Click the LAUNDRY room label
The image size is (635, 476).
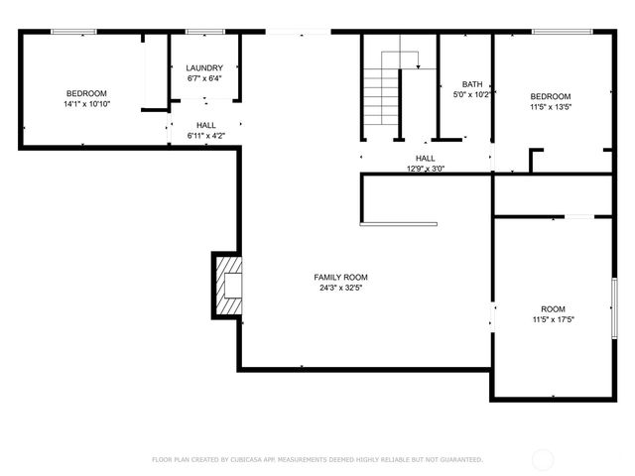204,67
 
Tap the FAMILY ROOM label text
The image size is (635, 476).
341,277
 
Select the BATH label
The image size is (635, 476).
472,84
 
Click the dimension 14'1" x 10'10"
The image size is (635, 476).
86,104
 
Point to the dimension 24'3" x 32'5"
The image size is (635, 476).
341,289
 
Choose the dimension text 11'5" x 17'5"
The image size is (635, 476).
553,320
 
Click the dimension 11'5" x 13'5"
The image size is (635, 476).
550,108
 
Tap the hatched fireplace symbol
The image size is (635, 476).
227,286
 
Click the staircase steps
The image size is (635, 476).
381,99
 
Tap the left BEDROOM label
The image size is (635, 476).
86,93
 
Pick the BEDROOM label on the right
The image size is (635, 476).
550,96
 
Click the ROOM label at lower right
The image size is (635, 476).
553,308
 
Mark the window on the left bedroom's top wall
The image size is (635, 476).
73,32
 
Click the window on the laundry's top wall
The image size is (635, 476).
204,32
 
